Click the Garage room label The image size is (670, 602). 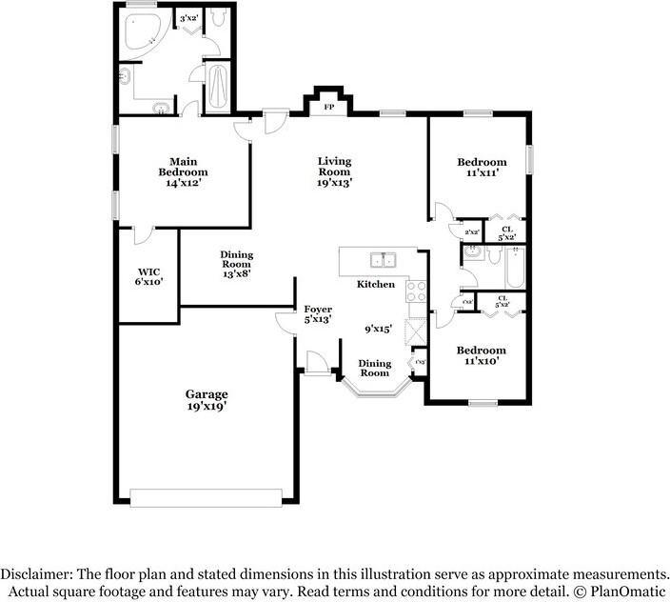206,393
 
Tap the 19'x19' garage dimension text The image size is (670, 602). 206,407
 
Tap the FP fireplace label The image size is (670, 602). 329,108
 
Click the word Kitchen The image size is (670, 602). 376,285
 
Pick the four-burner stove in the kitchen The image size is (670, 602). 416,291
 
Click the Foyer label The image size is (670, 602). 317,310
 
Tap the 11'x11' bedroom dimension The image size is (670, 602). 481,174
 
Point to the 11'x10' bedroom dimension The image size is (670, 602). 481,361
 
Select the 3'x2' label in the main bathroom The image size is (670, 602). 188,18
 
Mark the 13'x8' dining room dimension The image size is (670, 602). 237,273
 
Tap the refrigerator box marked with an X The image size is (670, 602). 416,332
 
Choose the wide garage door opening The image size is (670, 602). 206,496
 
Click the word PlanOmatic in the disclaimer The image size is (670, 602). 629,591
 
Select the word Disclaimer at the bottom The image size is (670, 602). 38,574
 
